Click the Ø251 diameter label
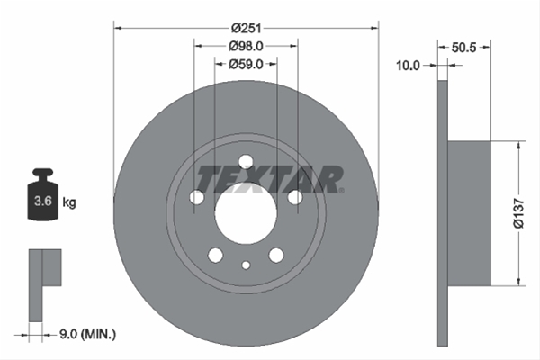246,28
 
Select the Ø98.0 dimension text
246,46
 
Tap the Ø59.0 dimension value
246,65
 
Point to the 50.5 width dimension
463,48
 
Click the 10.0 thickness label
408,66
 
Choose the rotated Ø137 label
518,213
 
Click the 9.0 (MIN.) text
88,334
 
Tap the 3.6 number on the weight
43,201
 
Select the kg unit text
69,202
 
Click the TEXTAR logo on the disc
270,179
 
